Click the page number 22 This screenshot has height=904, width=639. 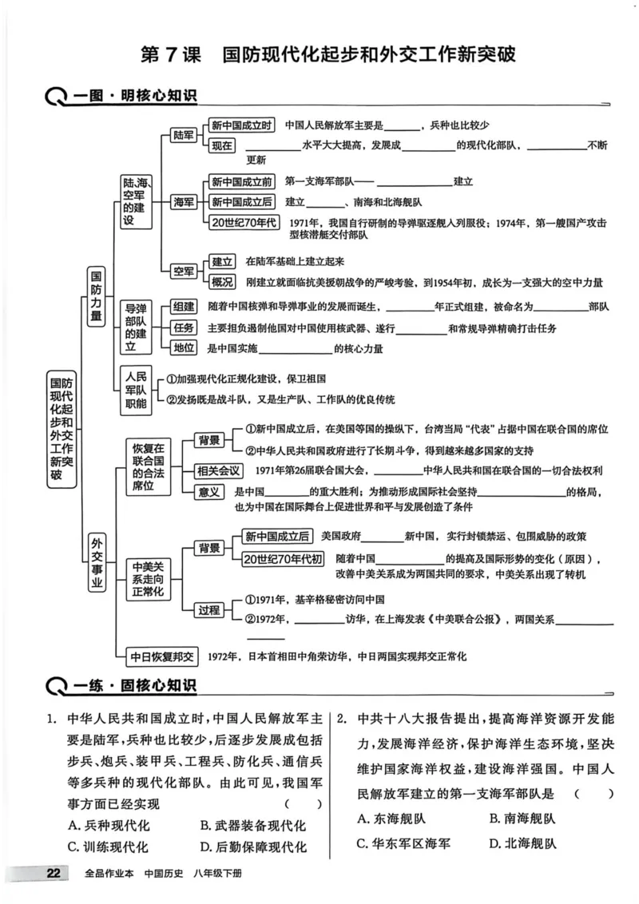(x=53, y=873)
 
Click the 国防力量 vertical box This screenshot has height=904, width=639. (x=95, y=297)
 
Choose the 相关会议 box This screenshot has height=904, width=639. (x=219, y=470)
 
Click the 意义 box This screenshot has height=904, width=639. (x=209, y=491)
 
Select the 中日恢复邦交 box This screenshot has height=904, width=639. (x=162, y=656)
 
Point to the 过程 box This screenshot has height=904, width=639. (x=208, y=609)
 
